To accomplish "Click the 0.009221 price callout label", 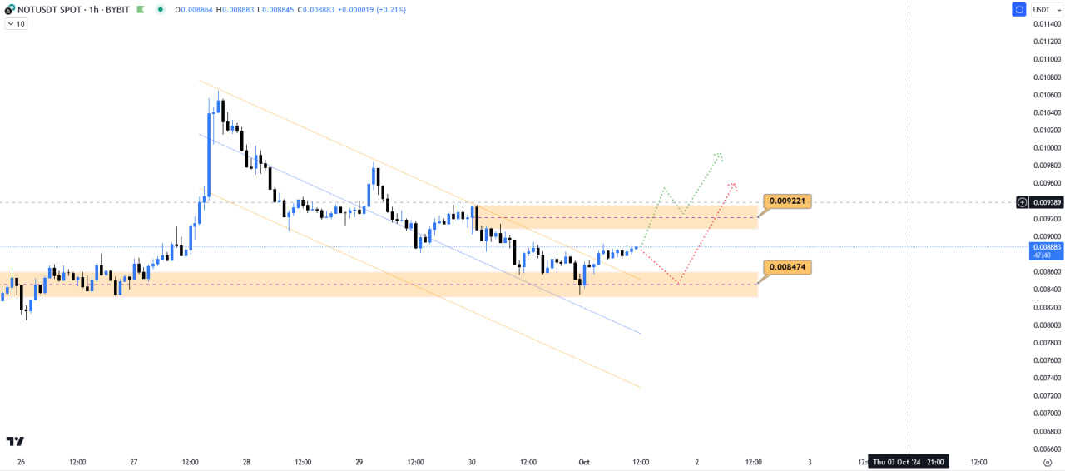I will tap(786, 201).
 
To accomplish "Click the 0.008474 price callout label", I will tap(786, 267).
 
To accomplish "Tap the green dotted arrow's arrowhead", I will tap(720, 155).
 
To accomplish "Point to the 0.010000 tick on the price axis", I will tap(1046, 148).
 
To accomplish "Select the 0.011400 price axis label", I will tap(1046, 24).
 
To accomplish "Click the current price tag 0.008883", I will tap(1047, 248).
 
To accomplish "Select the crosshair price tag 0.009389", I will tap(1046, 202).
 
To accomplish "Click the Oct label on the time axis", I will tap(584, 462).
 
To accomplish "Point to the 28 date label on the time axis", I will tap(246, 462).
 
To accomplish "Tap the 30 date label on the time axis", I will tap(472, 462).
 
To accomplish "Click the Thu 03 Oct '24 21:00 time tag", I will tap(908, 462).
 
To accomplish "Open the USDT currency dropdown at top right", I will tap(1048, 10).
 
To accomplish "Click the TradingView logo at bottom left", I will tap(15, 441).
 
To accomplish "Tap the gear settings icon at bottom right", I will tap(1048, 462).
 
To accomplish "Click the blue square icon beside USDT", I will tap(1018, 10).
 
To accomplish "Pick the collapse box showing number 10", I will tap(16, 24).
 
